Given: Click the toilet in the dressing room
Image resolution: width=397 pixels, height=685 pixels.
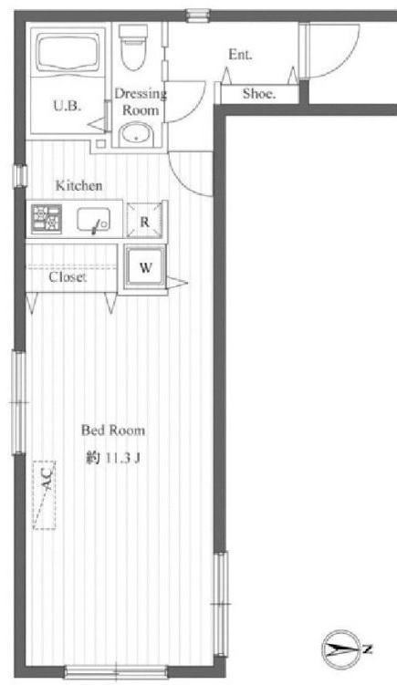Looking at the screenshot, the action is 133,47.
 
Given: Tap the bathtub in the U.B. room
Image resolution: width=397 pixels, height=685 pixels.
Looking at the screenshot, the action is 68,52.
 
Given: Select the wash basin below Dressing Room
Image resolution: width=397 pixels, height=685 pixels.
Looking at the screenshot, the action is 136,134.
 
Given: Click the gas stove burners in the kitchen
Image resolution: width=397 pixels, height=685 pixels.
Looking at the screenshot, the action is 46,219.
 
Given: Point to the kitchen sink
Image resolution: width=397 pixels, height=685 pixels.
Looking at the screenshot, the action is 94,220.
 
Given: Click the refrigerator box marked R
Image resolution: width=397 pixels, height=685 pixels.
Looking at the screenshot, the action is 144,221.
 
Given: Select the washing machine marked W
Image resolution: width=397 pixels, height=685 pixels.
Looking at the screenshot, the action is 145,267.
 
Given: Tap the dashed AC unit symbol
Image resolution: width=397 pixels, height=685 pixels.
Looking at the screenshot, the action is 44,495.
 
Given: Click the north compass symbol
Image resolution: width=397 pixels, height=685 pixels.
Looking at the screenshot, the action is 346,650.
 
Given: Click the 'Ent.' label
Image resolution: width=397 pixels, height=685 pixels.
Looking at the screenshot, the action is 240,55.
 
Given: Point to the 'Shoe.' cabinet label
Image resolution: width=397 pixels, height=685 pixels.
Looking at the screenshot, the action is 259,93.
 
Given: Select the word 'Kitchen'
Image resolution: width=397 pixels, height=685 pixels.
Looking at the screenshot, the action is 78,186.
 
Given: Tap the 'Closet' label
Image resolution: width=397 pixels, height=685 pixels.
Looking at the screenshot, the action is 68,277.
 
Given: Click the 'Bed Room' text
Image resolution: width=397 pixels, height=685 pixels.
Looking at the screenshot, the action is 113,431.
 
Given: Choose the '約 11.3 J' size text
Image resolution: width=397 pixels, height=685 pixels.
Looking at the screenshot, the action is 113,458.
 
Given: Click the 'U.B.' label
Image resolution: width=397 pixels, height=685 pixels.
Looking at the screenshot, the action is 68,106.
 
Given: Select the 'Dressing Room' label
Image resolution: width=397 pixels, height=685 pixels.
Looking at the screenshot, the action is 141,101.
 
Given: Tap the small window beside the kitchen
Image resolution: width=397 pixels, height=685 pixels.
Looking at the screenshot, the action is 20,176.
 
